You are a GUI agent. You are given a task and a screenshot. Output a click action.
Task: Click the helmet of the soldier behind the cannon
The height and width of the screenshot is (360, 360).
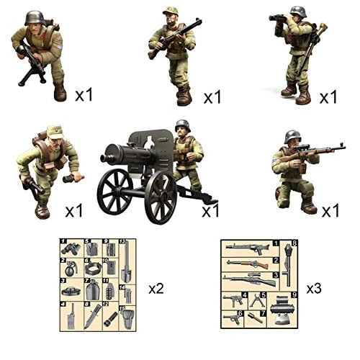pos(182,125)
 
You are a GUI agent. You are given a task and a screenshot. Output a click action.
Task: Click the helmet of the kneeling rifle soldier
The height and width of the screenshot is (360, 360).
pos(292,136)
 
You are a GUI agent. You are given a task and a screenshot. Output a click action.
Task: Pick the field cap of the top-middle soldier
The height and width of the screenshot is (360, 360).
pos(170,11)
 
